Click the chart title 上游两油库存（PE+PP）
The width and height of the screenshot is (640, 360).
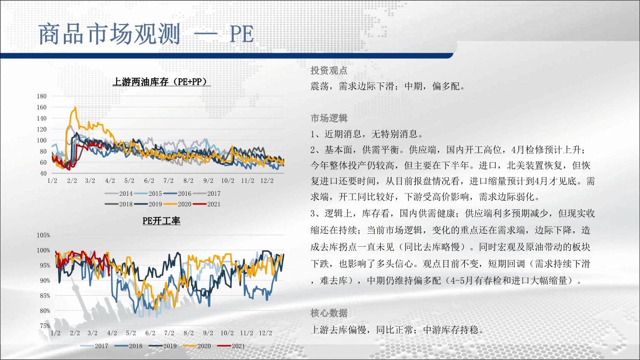162,82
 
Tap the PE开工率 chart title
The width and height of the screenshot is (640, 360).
161,221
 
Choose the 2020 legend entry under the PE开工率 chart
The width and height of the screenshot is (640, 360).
197,346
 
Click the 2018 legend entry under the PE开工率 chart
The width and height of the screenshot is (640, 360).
128,346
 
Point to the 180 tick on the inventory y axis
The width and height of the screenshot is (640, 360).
41,96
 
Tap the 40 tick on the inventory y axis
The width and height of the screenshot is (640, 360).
43,173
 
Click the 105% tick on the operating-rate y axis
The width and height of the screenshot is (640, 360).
43,235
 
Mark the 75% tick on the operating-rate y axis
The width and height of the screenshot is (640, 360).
45,326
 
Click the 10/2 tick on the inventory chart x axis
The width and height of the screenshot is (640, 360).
228,181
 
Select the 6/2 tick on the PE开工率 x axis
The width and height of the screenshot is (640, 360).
150,333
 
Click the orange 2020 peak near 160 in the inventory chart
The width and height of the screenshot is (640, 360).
75,108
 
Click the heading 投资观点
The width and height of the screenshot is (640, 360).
329,70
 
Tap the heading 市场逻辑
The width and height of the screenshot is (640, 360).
329,118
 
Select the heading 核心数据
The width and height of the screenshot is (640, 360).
329,313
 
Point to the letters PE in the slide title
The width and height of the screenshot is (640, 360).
242,35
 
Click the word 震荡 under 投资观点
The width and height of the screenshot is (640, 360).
319,86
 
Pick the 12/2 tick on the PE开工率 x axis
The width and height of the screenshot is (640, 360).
266,333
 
